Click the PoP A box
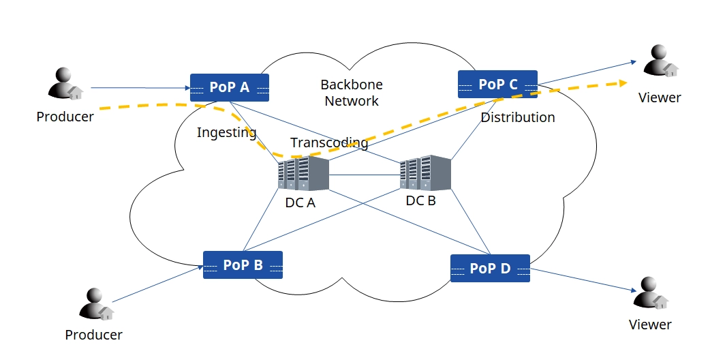230,87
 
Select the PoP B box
243,265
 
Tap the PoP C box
497,84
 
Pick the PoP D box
489,268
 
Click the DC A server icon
303,175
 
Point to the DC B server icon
425,173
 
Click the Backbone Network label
352,93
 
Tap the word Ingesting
226,132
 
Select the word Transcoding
329,143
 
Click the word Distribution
518,117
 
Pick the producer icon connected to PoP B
96,304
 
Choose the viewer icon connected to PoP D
651,293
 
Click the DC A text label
300,202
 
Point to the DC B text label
420,200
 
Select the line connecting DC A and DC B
365,175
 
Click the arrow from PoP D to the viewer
579,280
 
